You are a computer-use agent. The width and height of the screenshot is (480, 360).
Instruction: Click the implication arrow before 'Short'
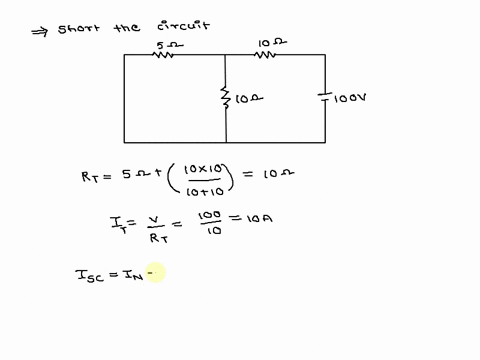39,29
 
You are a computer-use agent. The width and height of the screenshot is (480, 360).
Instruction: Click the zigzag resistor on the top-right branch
265,55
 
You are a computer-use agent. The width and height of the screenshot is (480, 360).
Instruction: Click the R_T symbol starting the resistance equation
89,176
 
